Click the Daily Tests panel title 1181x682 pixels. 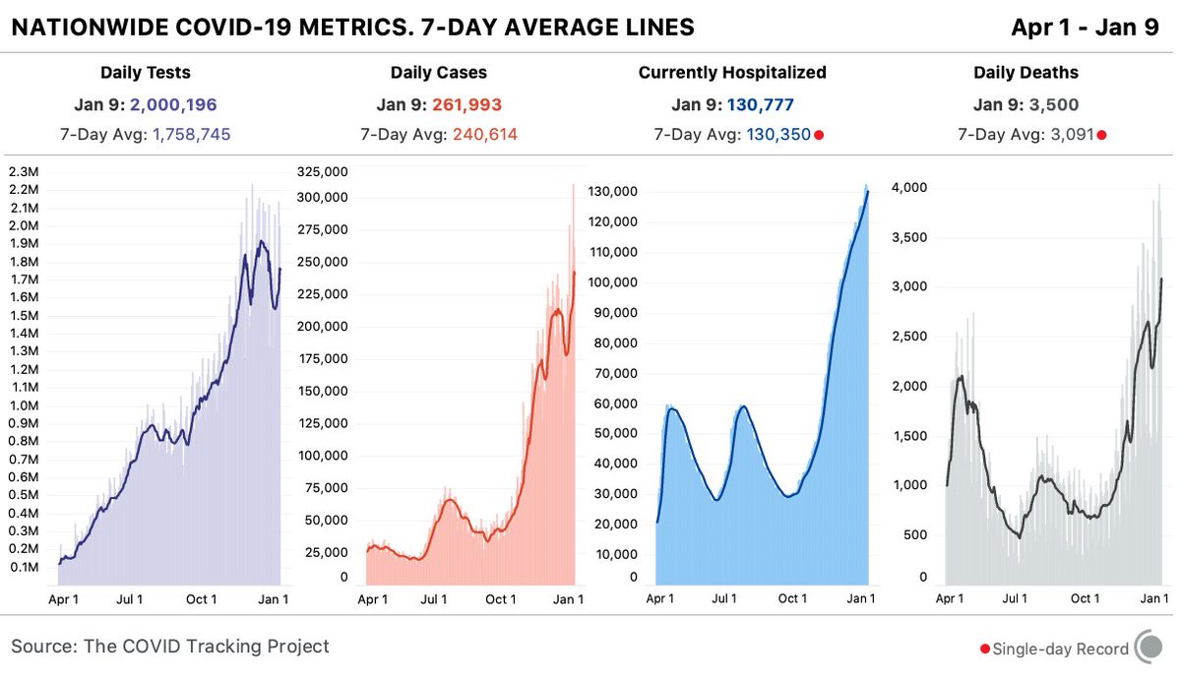click(146, 73)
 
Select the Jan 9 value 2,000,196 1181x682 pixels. click(172, 104)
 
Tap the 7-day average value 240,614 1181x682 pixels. click(485, 135)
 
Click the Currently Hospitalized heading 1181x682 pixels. click(732, 73)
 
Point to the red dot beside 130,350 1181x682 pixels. click(819, 135)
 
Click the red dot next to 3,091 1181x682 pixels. click(1101, 135)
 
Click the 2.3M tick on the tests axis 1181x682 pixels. click(24, 171)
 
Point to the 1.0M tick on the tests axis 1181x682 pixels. click(24, 405)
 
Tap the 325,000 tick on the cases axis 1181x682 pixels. click(321, 171)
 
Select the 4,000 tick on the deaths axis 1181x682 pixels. click(907, 188)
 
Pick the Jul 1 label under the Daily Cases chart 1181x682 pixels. click(433, 598)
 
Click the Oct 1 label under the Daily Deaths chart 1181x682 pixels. click(1085, 598)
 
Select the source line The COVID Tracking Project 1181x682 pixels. click(170, 647)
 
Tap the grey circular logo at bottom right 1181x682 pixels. click(1150, 648)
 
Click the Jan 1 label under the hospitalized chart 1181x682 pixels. click(860, 598)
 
